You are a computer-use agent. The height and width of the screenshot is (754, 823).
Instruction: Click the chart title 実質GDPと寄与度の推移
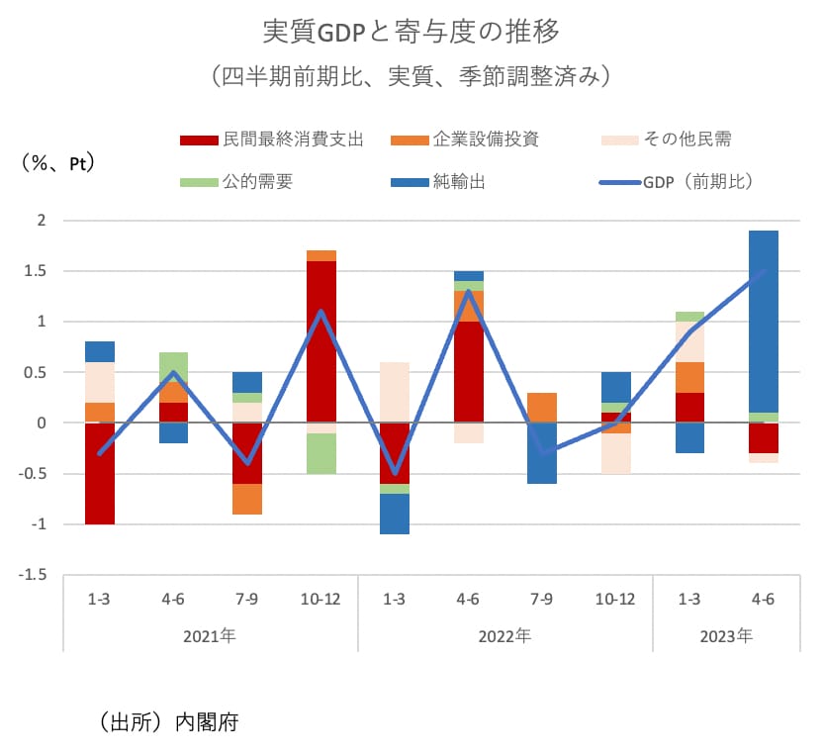[411, 32]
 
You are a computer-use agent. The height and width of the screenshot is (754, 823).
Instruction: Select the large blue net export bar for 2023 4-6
[763, 322]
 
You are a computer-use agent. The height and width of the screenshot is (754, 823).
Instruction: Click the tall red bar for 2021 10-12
[321, 341]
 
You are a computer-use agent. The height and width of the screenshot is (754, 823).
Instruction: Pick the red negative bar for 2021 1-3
[100, 473]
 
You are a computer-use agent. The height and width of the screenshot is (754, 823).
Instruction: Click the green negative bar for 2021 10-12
[321, 453]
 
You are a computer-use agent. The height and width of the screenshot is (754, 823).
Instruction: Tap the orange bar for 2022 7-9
[542, 408]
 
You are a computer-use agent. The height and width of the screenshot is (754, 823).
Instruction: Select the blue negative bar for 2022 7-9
[542, 453]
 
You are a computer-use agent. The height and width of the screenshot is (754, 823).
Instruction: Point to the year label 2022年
[504, 635]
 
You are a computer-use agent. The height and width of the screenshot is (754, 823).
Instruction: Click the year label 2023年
[725, 635]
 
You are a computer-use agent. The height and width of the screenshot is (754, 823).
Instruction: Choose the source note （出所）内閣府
[169, 721]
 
